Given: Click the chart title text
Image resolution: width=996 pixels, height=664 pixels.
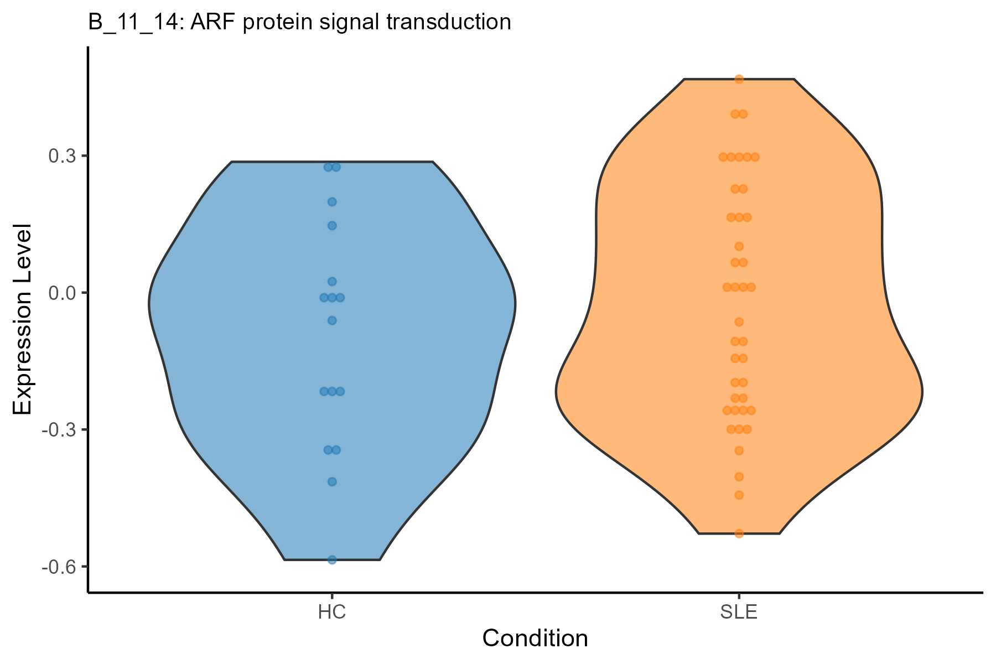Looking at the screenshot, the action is (x=299, y=22).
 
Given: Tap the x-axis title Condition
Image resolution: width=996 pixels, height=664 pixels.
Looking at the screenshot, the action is (x=535, y=639).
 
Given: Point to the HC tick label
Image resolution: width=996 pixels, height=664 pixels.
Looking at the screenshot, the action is (x=332, y=613).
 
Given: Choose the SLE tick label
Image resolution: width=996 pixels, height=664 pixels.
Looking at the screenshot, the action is (x=739, y=613).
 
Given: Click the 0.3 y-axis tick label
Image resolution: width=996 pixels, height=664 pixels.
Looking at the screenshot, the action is (x=61, y=156).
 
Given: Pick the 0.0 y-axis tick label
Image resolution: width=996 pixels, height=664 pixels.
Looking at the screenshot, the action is (x=61, y=293).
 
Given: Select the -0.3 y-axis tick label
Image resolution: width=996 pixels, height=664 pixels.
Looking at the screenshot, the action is (x=58, y=429).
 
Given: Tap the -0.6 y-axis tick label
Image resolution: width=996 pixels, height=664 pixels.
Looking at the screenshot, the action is (x=58, y=567).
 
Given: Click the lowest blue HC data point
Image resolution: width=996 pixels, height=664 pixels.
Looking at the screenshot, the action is (x=332, y=560).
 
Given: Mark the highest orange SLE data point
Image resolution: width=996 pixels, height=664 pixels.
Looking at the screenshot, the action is (x=739, y=79).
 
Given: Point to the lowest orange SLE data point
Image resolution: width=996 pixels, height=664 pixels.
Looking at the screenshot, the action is (x=739, y=533).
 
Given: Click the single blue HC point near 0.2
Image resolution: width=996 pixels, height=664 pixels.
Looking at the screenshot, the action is (x=332, y=202).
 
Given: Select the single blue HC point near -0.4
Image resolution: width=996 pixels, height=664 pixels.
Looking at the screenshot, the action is (x=332, y=481).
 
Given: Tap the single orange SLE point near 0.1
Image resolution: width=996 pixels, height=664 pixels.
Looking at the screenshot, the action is (x=739, y=246).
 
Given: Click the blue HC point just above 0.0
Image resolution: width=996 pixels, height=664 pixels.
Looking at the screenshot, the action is (x=332, y=282).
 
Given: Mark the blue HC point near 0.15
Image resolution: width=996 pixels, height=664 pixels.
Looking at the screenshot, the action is (x=332, y=225).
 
